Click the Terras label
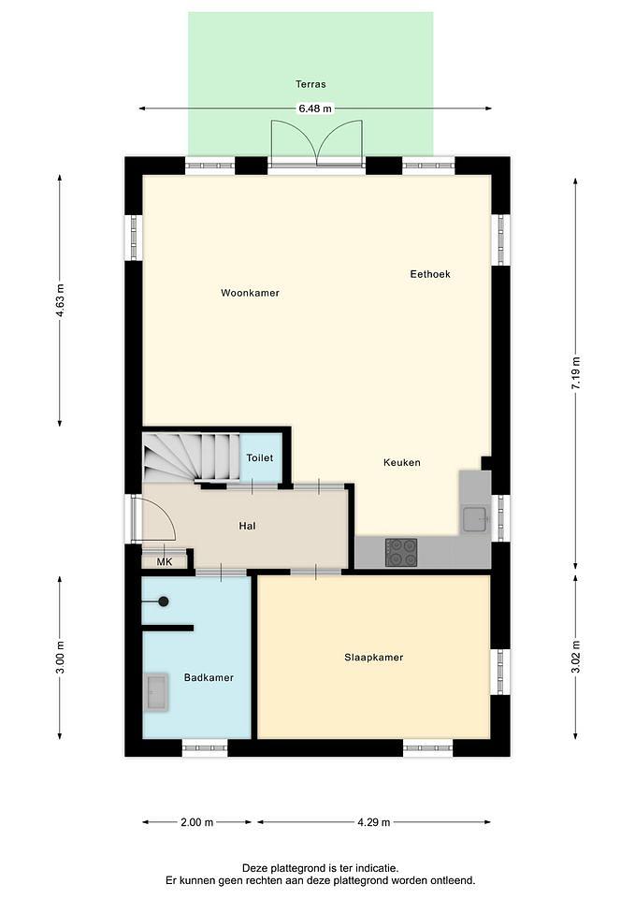pyautogui.click(x=310, y=84)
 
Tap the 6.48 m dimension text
pyautogui.click(x=314, y=109)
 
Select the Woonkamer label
pyautogui.click(x=251, y=293)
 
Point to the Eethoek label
pyautogui.click(x=430, y=274)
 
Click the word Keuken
pyautogui.click(x=402, y=462)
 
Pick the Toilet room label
pyautogui.click(x=259, y=457)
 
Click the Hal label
pyautogui.click(x=247, y=526)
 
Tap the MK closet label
pyautogui.click(x=165, y=562)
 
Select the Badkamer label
pyautogui.click(x=209, y=677)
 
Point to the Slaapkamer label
pyautogui.click(x=374, y=658)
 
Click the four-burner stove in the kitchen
pyautogui.click(x=401, y=552)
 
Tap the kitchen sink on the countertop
pyautogui.click(x=475, y=519)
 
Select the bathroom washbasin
pyautogui.click(x=156, y=691)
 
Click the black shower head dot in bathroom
pyautogui.click(x=163, y=601)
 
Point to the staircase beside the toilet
pyautogui.click(x=191, y=457)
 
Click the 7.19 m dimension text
pyautogui.click(x=575, y=373)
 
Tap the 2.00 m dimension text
pyautogui.click(x=197, y=822)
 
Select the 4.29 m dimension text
pyautogui.click(x=374, y=822)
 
